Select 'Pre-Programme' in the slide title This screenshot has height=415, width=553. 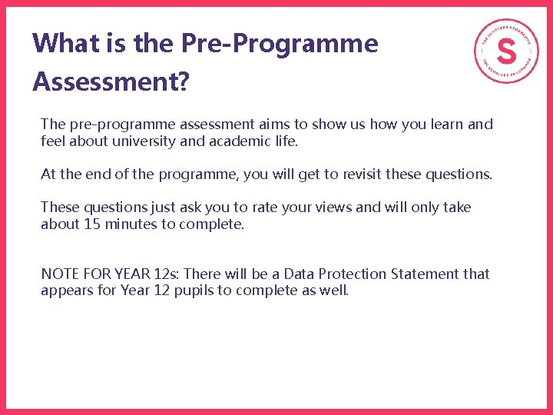[280, 44]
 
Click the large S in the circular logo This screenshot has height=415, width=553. [506, 51]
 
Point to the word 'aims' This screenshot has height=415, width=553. [274, 124]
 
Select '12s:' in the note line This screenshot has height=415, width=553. [167, 274]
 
